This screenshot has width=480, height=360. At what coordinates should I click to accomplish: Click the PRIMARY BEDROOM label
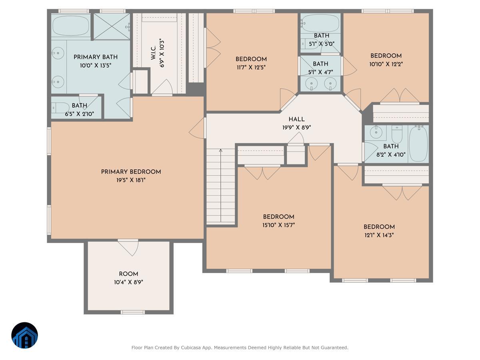131,172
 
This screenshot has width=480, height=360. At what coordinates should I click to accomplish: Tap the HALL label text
296,119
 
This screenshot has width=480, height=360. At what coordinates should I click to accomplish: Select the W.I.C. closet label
153,53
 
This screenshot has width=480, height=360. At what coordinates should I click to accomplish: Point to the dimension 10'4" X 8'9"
128,282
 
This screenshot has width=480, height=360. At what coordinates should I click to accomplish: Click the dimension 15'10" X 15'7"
278,225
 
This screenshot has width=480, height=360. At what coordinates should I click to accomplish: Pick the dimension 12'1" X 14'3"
379,235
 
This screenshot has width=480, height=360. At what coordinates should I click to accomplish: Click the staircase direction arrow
221,185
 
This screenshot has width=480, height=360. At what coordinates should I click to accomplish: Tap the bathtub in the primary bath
71,25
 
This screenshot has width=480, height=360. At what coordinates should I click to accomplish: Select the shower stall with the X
112,27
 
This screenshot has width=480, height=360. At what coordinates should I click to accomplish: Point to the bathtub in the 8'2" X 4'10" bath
418,144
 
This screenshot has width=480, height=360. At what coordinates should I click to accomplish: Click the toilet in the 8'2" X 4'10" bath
397,134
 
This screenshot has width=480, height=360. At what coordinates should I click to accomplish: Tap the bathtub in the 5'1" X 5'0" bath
321,24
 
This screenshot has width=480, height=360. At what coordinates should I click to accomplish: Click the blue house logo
25,335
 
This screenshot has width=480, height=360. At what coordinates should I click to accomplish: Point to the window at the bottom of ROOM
133,312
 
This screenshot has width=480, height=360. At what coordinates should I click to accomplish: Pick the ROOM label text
128,274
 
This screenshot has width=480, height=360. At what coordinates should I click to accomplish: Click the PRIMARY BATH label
96,57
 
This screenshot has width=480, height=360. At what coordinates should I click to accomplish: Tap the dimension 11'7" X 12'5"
251,68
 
